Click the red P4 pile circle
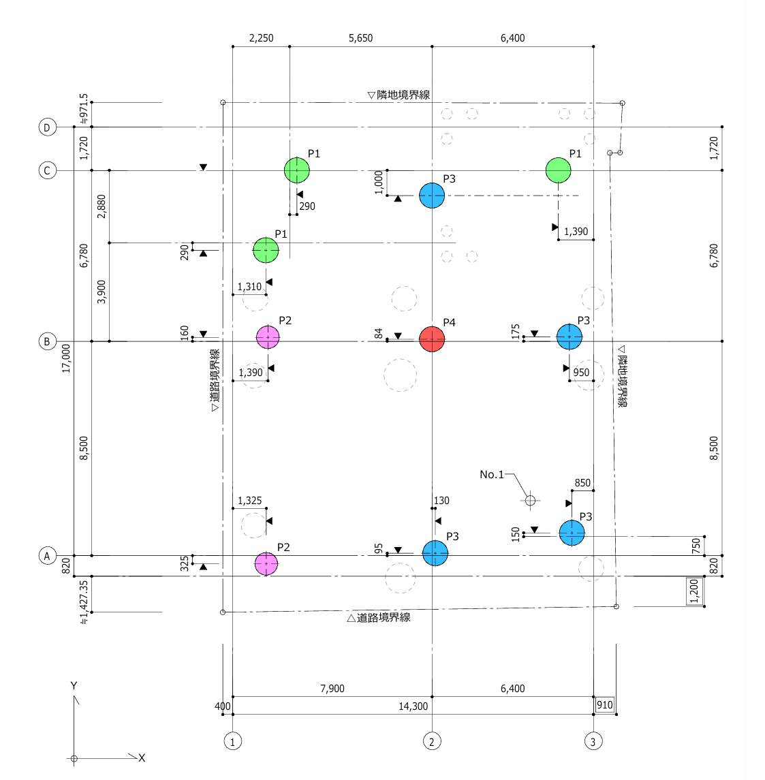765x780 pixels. click(x=432, y=339)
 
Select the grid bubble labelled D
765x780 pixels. click(x=47, y=127)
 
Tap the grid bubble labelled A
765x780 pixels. click(x=47, y=556)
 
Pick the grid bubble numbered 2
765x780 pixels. click(x=432, y=741)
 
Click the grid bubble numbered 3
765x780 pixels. click(x=593, y=741)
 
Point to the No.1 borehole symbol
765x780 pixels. click(x=531, y=501)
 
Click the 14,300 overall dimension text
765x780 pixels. click(x=413, y=706)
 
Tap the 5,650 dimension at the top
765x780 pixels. click(x=360, y=38)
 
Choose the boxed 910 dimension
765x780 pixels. click(x=605, y=705)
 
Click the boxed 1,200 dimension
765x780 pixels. click(x=694, y=591)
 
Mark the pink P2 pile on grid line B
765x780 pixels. click(x=268, y=337)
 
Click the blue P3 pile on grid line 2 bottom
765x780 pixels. click(x=435, y=553)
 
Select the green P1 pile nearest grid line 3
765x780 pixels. click(x=558, y=170)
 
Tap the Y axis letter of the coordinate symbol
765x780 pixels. click(x=74, y=685)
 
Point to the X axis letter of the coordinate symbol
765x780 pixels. click(x=142, y=758)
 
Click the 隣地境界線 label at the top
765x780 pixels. click(x=399, y=95)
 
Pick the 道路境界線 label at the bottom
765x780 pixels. click(x=379, y=617)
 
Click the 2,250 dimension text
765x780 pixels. click(x=261, y=38)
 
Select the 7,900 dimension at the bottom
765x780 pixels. click(x=332, y=689)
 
